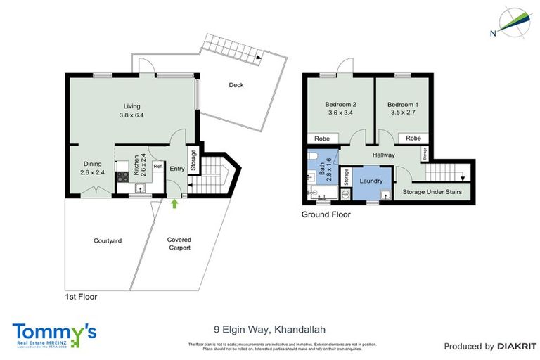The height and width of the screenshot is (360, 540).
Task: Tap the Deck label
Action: click(x=236, y=85)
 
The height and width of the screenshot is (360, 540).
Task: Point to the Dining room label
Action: click(x=93, y=162)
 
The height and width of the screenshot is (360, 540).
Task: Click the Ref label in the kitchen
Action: click(x=158, y=167)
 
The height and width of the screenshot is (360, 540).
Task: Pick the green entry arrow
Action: click(x=174, y=204)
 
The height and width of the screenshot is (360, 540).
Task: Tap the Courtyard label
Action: click(x=108, y=240)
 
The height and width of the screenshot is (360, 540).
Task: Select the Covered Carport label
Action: click(x=179, y=244)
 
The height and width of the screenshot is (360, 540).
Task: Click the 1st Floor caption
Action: click(x=80, y=297)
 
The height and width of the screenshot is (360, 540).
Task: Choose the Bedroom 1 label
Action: click(x=401, y=104)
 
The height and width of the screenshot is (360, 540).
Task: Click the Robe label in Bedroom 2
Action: click(x=322, y=139)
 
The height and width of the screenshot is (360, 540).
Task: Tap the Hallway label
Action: click(x=384, y=155)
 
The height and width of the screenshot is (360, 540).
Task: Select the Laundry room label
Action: click(x=371, y=181)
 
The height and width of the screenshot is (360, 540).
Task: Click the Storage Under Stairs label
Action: click(x=432, y=191)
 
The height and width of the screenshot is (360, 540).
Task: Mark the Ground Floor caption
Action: click(x=326, y=214)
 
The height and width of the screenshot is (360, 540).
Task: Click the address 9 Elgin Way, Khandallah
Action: click(x=269, y=328)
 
